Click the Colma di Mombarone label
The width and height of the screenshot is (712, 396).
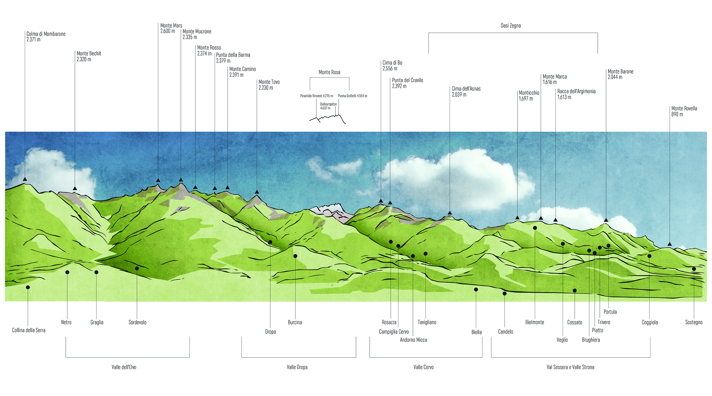[x=46, y=37]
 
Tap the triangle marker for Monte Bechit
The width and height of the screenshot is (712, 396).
[x=75, y=188]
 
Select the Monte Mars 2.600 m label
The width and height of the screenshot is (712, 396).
[x=171, y=28]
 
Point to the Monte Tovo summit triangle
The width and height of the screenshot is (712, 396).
[x=257, y=192]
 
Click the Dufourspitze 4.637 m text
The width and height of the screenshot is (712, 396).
[x=328, y=106]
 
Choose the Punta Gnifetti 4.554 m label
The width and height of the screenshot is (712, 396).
[x=353, y=96]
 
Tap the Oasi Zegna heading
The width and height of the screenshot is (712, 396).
[x=511, y=26]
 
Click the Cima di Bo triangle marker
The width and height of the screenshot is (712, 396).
[x=381, y=201]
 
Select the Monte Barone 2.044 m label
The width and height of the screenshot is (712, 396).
[x=620, y=74]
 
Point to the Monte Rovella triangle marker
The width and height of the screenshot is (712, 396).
[x=670, y=244]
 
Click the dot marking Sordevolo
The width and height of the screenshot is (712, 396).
[x=137, y=268]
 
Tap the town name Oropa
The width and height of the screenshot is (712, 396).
[x=270, y=332]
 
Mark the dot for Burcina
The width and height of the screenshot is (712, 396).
[x=295, y=256]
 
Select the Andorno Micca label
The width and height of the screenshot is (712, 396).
[x=413, y=340]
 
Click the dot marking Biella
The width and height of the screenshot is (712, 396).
[x=476, y=290]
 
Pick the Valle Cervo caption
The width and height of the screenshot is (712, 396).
[x=423, y=367]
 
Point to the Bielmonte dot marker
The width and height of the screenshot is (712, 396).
[x=535, y=228]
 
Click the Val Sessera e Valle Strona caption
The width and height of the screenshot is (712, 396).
[x=570, y=367]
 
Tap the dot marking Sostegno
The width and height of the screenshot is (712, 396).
[x=694, y=269]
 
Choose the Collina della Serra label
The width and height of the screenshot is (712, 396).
[x=29, y=330]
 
